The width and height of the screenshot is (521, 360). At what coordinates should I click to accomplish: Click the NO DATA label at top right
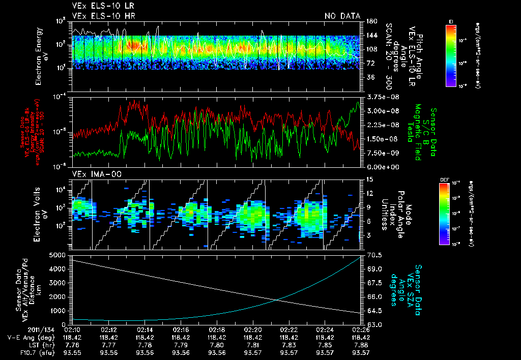pos(342,16)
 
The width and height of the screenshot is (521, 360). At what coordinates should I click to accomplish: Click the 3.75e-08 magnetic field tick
pos(376,97)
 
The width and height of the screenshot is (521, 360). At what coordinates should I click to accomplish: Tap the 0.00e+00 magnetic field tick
pos(377,166)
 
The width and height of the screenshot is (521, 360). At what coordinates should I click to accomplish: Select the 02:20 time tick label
pos(253,329)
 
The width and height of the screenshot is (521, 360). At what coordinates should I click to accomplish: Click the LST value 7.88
pos(361,345)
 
